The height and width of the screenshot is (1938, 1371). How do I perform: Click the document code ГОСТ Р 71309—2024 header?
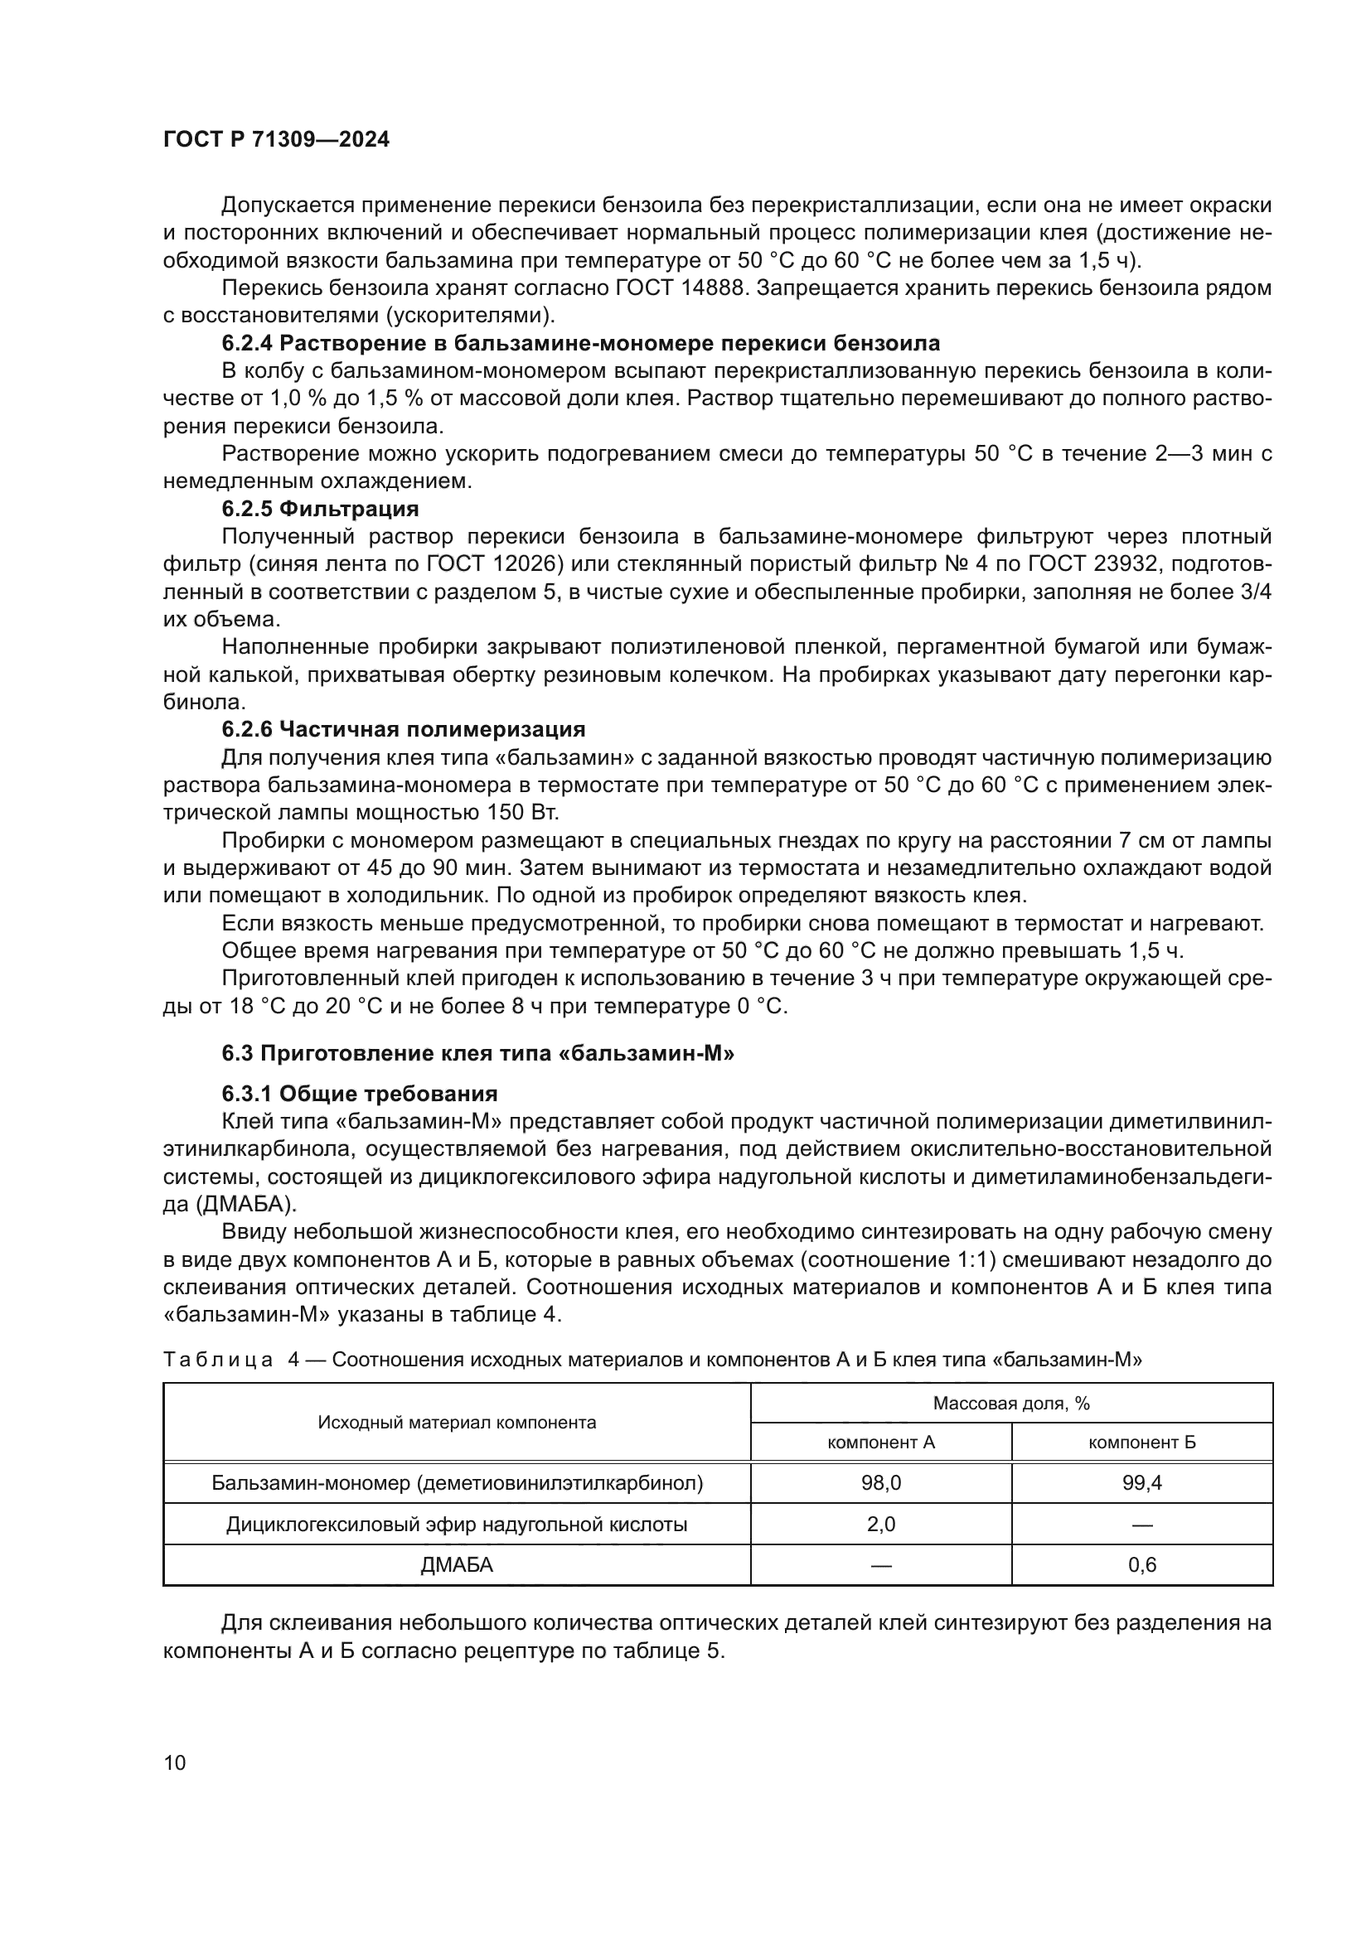[276, 140]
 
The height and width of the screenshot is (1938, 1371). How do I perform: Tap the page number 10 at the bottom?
[175, 1762]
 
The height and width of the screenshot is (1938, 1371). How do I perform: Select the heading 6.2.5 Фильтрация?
[320, 509]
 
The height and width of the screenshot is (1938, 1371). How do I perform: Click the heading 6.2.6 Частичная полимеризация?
[404, 729]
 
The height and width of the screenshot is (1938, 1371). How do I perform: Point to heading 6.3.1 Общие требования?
[360, 1094]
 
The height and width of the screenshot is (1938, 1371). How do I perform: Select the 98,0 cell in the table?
[880, 1483]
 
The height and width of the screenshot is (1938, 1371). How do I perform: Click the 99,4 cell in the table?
[1141, 1483]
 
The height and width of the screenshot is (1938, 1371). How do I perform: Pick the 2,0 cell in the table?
[880, 1525]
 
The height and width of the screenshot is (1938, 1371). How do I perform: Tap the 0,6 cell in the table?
[1141, 1565]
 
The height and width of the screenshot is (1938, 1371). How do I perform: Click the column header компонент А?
[880, 1443]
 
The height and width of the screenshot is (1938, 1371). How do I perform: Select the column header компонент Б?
[1141, 1443]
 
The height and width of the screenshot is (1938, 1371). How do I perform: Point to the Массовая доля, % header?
[1010, 1403]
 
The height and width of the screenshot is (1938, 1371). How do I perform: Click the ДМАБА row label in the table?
[457, 1565]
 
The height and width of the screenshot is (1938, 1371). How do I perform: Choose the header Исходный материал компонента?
[457, 1423]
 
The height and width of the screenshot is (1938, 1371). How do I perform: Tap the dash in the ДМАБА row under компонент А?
[880, 1566]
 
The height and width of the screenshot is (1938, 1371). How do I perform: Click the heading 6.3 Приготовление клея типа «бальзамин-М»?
[477, 1053]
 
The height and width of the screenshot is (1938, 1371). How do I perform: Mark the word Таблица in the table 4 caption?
[218, 1360]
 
